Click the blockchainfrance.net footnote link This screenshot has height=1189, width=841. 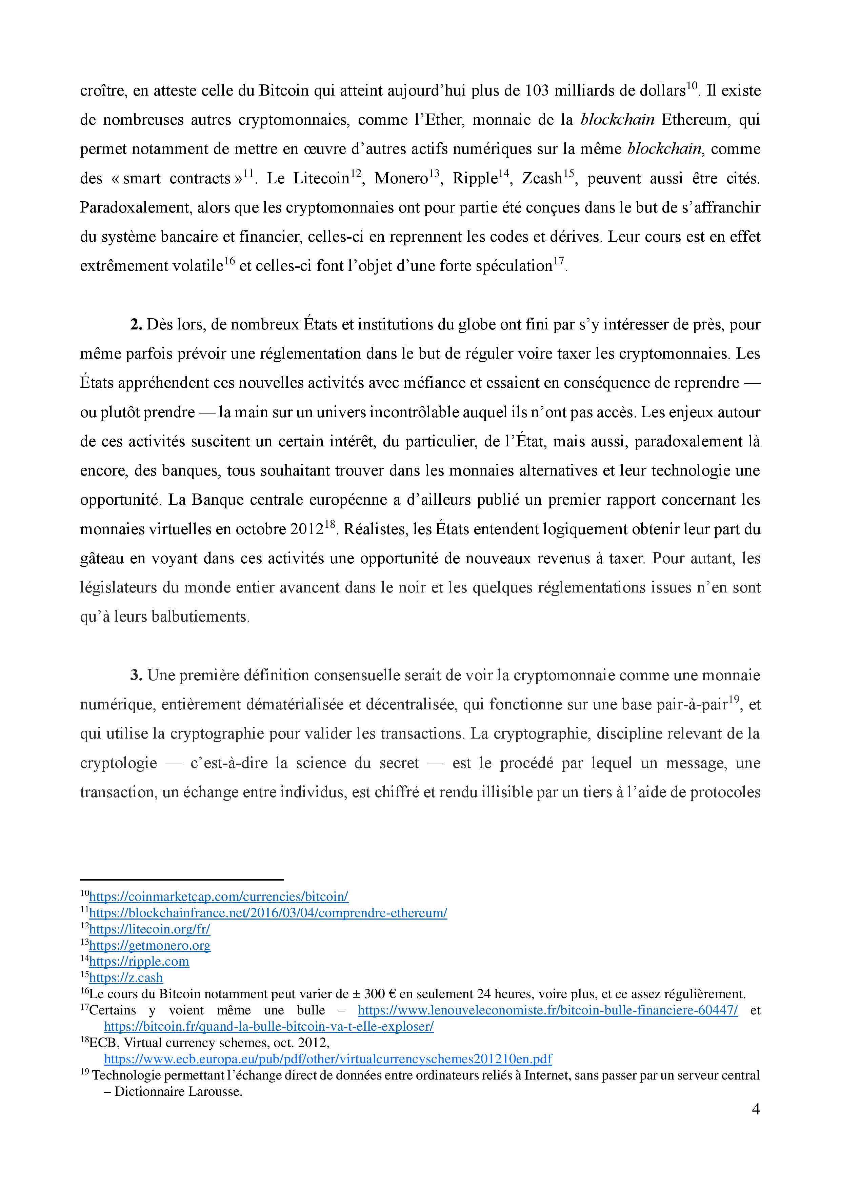(x=268, y=912)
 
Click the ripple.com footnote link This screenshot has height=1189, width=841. (x=139, y=962)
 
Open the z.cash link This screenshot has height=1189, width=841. (x=126, y=978)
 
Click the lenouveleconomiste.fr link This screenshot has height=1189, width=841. (x=547, y=1010)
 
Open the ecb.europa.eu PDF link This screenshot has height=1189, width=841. (x=328, y=1059)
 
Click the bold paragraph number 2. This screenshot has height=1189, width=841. (x=136, y=325)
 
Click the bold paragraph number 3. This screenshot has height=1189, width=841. (x=136, y=675)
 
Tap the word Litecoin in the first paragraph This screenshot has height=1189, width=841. (x=321, y=179)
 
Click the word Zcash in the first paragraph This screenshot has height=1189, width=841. (x=542, y=179)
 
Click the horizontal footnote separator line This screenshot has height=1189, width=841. (x=181, y=879)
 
